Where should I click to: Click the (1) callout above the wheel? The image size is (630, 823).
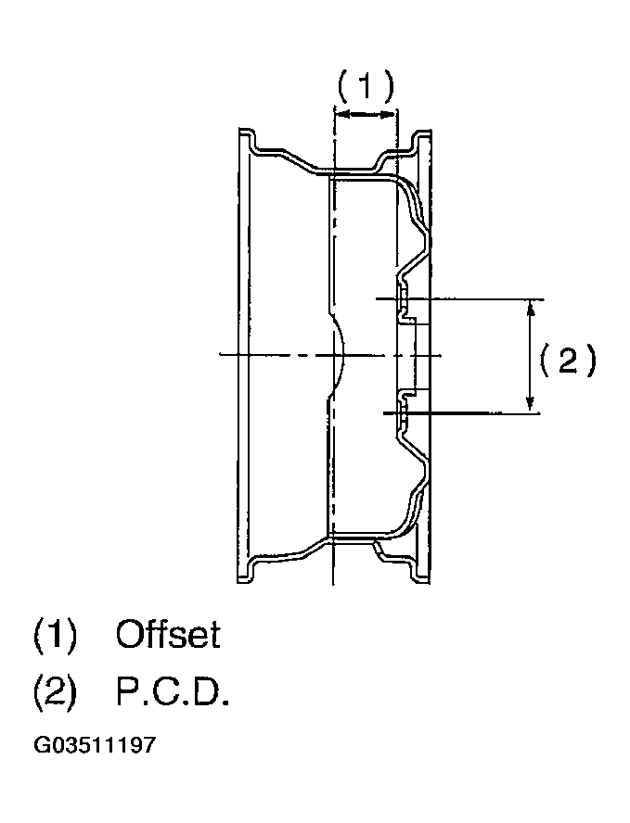tap(365, 86)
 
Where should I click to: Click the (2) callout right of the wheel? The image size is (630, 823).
tap(568, 360)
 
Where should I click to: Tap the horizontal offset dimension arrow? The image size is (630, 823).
tap(365, 113)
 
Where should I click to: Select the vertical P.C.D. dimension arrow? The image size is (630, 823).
tap(531, 355)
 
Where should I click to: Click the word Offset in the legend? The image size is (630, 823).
tap(168, 634)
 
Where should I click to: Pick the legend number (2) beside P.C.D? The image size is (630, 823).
tap(55, 693)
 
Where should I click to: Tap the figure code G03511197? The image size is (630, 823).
tap(96, 745)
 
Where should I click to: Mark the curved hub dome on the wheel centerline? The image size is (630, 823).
tap(337, 355)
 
